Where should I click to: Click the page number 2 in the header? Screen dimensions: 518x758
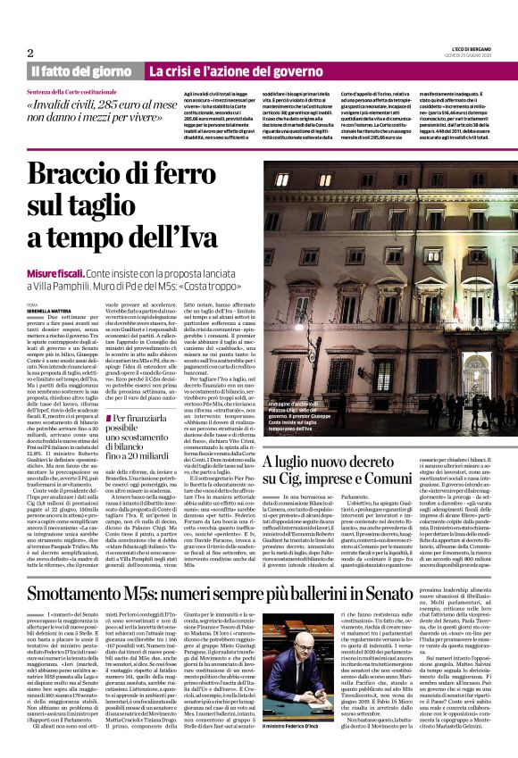pyautogui.click(x=30, y=52)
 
